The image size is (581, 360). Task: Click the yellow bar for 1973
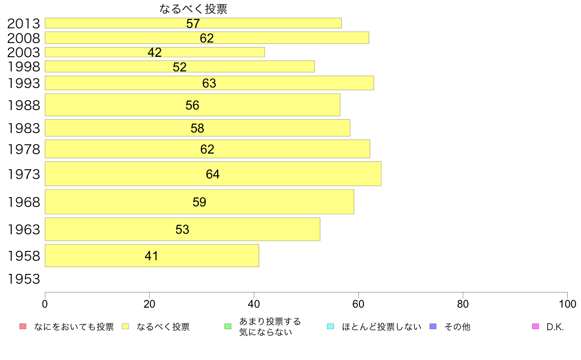(x=213, y=174)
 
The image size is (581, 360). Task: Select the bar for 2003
(x=155, y=52)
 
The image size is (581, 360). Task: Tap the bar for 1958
(x=152, y=255)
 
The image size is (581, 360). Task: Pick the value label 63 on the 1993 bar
(x=209, y=83)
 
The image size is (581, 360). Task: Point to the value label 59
(x=200, y=202)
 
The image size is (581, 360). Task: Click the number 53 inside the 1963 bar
(x=182, y=229)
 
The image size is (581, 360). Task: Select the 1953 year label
(x=23, y=279)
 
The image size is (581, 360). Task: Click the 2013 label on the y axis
(x=23, y=23)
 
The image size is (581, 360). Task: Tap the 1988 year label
(x=23, y=105)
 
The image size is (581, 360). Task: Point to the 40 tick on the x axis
(x=254, y=304)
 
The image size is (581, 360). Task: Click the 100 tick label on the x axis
(x=567, y=304)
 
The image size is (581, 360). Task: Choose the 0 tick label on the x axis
(x=45, y=304)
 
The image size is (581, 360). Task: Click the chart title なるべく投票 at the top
(x=193, y=9)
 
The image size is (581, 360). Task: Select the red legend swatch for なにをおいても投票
(x=22, y=326)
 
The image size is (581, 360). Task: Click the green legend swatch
(x=227, y=326)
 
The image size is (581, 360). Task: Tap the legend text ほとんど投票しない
(x=381, y=327)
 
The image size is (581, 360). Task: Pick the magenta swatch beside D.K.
(x=535, y=326)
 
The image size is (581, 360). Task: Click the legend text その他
(x=457, y=327)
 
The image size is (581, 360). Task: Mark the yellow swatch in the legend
(x=125, y=326)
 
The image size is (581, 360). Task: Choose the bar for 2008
(x=207, y=38)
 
